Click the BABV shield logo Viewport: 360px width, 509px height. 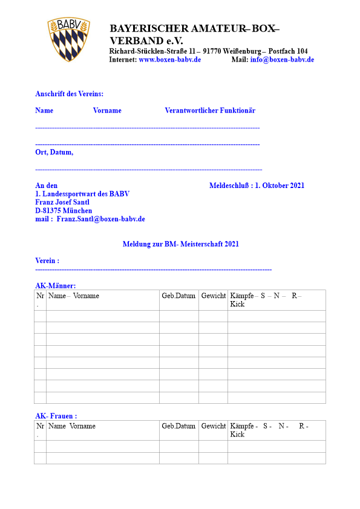(69, 39)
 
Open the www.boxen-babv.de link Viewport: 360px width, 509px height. (169, 60)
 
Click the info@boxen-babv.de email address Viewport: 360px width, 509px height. (282, 60)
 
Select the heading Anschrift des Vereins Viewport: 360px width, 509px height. (69, 94)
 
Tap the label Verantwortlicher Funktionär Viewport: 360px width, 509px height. (210, 111)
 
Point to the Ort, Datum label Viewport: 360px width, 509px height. (54, 152)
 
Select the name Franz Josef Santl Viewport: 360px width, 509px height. (62, 202)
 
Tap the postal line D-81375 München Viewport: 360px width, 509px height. (64, 210)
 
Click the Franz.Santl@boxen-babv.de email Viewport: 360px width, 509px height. (100, 219)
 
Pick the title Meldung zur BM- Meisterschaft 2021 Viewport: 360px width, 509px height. (180, 244)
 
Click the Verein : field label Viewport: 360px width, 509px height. (47, 261)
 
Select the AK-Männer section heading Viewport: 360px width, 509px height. (56, 285)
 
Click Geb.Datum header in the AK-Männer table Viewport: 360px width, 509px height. (178, 296)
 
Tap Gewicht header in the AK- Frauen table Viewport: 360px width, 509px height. (213, 426)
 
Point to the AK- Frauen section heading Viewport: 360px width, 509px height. (56, 416)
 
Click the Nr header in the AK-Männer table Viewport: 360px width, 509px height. (41, 296)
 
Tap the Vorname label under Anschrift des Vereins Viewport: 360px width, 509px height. (107, 111)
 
